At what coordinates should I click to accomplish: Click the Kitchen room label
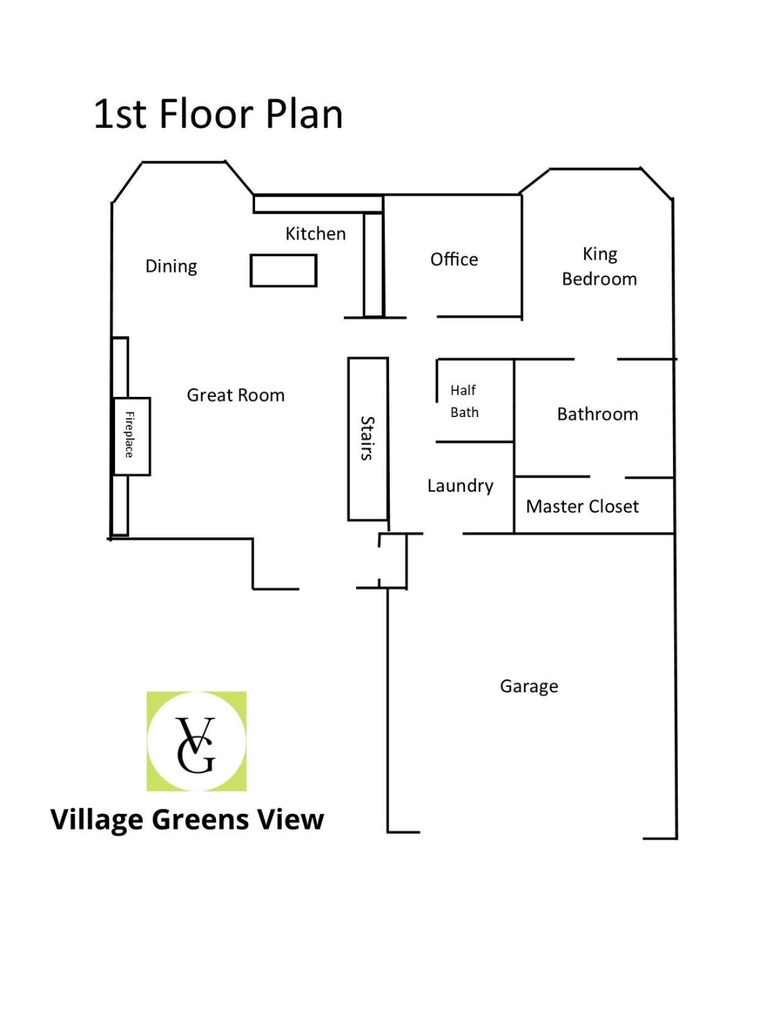316,234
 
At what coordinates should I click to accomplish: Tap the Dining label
171,267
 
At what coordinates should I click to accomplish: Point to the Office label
454,259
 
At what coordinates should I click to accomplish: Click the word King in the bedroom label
600,254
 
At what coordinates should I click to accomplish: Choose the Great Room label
236,395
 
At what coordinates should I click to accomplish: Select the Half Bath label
464,401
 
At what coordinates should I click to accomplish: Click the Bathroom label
598,414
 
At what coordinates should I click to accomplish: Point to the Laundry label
460,486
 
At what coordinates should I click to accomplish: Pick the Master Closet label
582,506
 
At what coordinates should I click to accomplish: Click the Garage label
529,686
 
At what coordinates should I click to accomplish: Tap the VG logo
196,742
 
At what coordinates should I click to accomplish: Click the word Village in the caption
97,820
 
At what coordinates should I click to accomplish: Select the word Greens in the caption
201,820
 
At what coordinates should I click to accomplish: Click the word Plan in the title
304,114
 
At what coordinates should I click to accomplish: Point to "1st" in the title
121,114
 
